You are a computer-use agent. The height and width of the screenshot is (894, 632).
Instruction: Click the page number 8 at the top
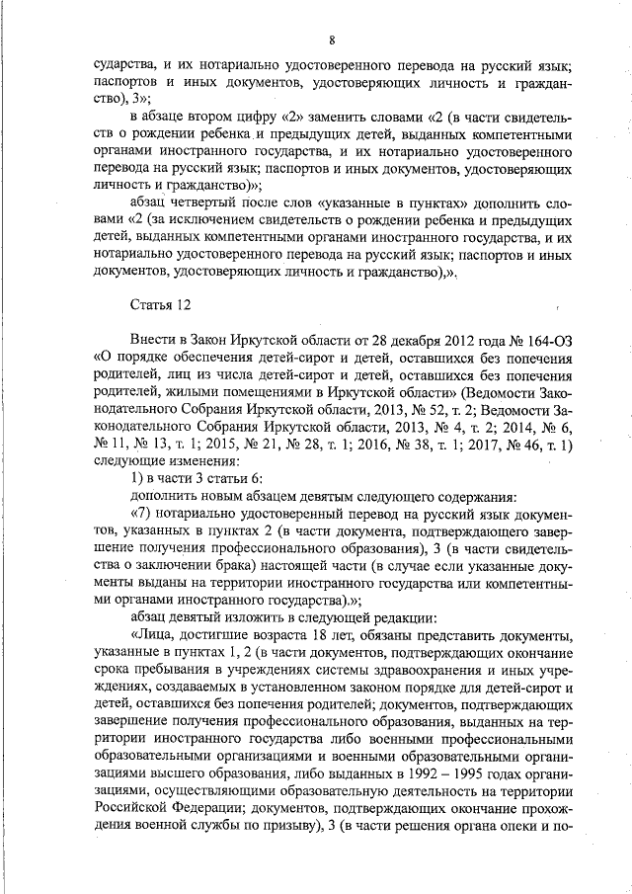tap(332, 40)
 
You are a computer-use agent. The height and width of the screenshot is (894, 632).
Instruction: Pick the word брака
tap(206, 566)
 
